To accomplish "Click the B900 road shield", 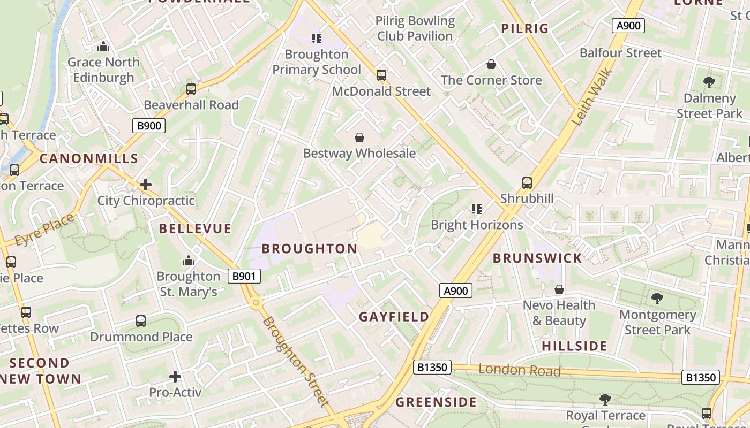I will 149,126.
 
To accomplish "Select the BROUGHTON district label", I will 310,249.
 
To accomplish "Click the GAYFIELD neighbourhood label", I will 394,317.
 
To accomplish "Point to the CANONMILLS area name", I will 89,159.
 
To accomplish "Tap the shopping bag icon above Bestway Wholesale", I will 359,137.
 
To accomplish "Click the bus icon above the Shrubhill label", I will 527,183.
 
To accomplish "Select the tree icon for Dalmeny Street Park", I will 709,82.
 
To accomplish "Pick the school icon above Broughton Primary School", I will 317,38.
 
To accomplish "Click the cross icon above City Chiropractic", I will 146,185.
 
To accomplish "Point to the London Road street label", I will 519,370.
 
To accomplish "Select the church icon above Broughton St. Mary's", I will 189,261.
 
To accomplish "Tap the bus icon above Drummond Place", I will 141,321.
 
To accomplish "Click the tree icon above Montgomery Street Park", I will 657,298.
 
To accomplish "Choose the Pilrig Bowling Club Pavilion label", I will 415,28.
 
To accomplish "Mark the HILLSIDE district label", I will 574,346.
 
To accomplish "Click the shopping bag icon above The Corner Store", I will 491,65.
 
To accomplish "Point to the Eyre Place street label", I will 44,230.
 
